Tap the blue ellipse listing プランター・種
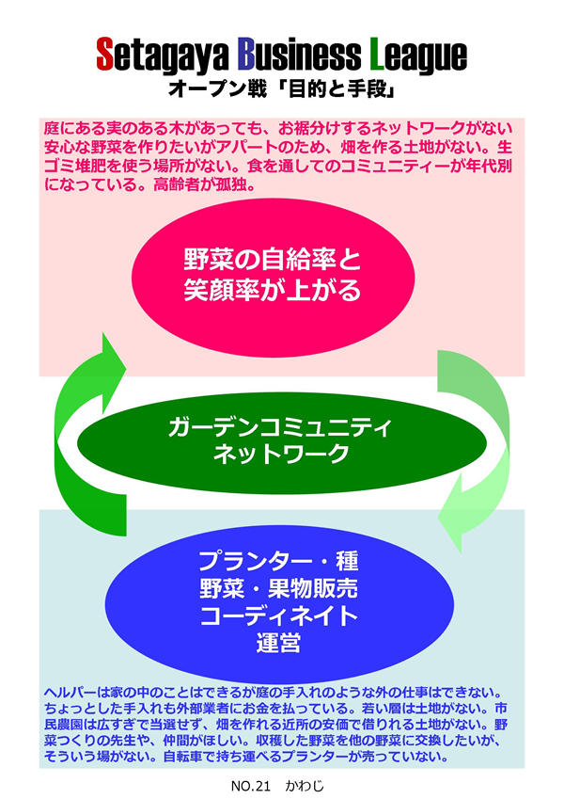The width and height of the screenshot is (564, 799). [282, 602]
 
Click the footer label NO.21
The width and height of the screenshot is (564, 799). [247, 782]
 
